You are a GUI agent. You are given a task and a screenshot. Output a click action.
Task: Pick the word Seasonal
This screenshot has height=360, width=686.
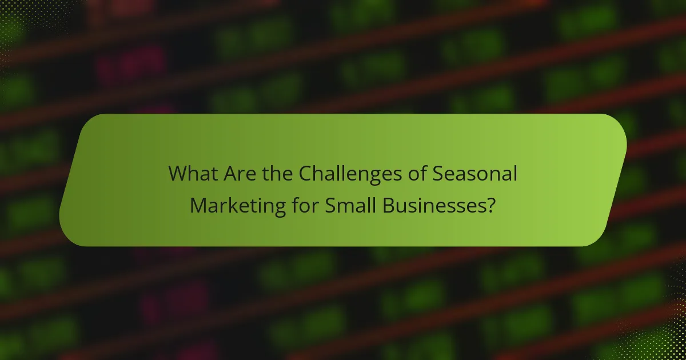click(474, 173)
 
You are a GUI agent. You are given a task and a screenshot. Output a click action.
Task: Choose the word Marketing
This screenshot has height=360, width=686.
click(237, 205)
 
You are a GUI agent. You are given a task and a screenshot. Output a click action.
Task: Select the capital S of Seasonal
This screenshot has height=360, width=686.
click(437, 173)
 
